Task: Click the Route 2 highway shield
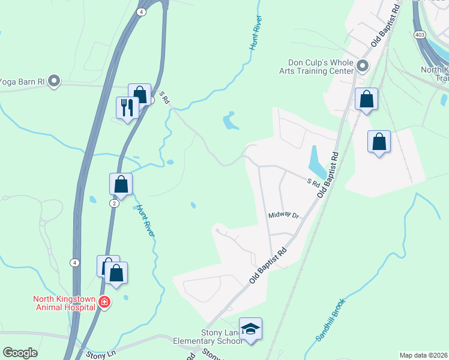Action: point(113,203)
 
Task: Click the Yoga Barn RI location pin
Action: point(54,80)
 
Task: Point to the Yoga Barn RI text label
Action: point(23,80)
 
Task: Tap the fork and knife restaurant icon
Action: point(127,108)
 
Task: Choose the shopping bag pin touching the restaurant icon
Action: point(140,94)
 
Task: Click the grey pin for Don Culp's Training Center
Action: point(362,65)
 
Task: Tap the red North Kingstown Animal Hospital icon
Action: point(104,301)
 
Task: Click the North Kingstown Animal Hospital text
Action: point(65,302)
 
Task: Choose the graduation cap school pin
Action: point(251,329)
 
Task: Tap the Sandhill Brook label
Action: point(330,320)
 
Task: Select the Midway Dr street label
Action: point(283,215)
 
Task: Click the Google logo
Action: point(20,353)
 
